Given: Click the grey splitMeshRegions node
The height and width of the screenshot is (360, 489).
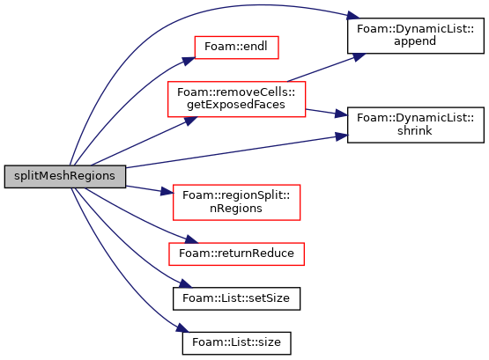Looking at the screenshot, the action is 65,177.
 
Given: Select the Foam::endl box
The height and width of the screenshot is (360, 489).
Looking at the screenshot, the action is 236,48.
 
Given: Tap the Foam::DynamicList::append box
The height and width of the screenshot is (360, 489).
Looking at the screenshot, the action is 416,35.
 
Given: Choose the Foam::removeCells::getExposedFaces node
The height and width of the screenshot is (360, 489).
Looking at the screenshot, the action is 236,99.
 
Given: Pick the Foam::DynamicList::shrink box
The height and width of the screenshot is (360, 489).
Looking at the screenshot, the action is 416,125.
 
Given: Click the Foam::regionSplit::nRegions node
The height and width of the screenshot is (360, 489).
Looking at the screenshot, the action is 236,202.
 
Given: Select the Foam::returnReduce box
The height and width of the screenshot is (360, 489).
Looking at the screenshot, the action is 236,254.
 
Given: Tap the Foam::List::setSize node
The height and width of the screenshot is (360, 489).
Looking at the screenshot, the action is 236,298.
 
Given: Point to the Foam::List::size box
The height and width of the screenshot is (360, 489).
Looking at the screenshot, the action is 236,343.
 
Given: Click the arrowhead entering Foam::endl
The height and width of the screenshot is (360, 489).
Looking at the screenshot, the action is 189,61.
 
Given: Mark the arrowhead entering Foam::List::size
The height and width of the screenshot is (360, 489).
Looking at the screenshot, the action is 182,328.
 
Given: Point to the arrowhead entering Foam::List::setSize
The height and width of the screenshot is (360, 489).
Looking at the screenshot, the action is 186,283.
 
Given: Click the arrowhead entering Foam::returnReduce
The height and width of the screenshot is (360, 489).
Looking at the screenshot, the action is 192,239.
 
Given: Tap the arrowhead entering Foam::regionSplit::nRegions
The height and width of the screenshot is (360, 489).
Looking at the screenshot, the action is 167,192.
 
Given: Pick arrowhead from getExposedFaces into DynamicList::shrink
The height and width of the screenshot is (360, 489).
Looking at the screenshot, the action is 341,114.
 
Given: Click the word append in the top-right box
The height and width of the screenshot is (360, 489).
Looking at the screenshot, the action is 415,41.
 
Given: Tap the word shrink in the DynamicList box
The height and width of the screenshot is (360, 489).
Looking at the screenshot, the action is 415,130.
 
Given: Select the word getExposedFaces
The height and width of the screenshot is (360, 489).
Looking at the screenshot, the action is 236,105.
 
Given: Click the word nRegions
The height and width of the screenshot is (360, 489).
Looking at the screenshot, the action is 236,208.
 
